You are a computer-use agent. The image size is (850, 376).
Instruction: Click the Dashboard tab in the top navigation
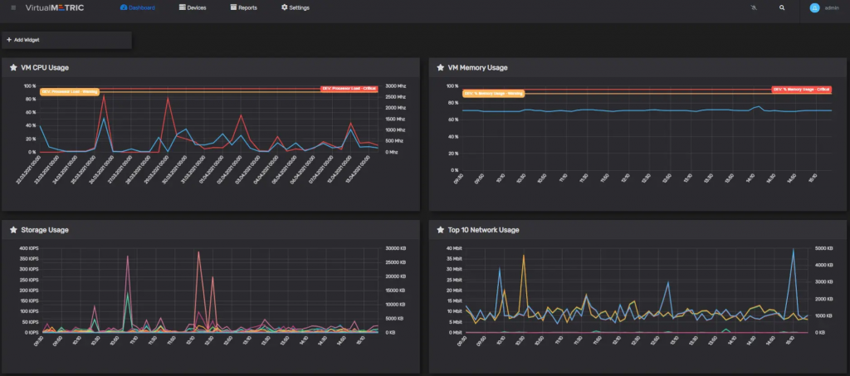point(137,7)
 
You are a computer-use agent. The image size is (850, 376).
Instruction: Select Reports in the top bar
point(243,7)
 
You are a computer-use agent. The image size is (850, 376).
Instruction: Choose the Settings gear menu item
point(296,7)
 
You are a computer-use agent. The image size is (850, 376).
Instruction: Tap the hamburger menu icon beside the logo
point(13,7)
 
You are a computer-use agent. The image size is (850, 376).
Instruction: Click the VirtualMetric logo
point(54,7)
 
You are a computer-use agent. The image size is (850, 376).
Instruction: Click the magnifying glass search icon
point(782,7)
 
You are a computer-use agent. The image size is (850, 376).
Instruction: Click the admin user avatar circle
point(814,7)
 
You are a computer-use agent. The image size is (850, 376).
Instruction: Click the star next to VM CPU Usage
point(13,67)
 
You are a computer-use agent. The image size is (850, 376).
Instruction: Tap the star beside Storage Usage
point(13,230)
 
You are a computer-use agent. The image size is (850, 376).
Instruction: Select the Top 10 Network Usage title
point(484,230)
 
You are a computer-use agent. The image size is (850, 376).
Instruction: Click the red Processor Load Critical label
point(349,89)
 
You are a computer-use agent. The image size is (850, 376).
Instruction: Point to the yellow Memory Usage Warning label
point(493,93)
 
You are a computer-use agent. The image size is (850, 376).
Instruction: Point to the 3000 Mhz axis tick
point(395,85)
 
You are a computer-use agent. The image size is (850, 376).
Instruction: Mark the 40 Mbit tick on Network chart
point(453,248)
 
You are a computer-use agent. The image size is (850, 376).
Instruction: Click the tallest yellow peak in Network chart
point(524,256)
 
